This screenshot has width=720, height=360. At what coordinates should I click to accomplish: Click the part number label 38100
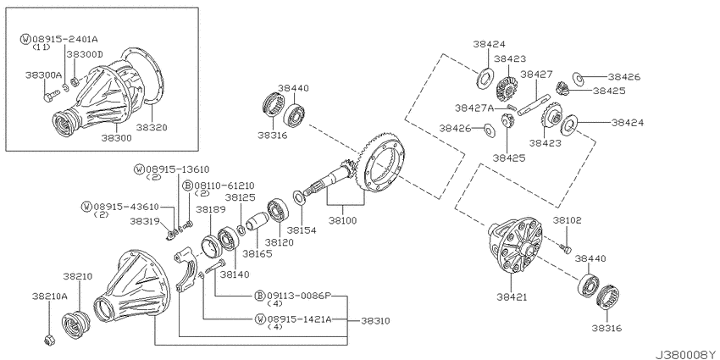tap(343, 220)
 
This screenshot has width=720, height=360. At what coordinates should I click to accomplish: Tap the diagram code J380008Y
tap(687, 354)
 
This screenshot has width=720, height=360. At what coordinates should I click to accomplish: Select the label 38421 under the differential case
tap(512, 297)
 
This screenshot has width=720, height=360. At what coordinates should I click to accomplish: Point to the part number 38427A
tap(474, 108)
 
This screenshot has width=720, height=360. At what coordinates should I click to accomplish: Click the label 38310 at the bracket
tap(375, 321)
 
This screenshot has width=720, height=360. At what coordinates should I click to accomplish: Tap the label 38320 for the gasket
tap(152, 127)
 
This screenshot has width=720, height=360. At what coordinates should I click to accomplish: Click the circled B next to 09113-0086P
tap(260, 296)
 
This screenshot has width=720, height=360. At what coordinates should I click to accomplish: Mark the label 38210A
tap(50, 296)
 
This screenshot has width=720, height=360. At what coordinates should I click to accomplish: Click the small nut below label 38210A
tap(47, 341)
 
